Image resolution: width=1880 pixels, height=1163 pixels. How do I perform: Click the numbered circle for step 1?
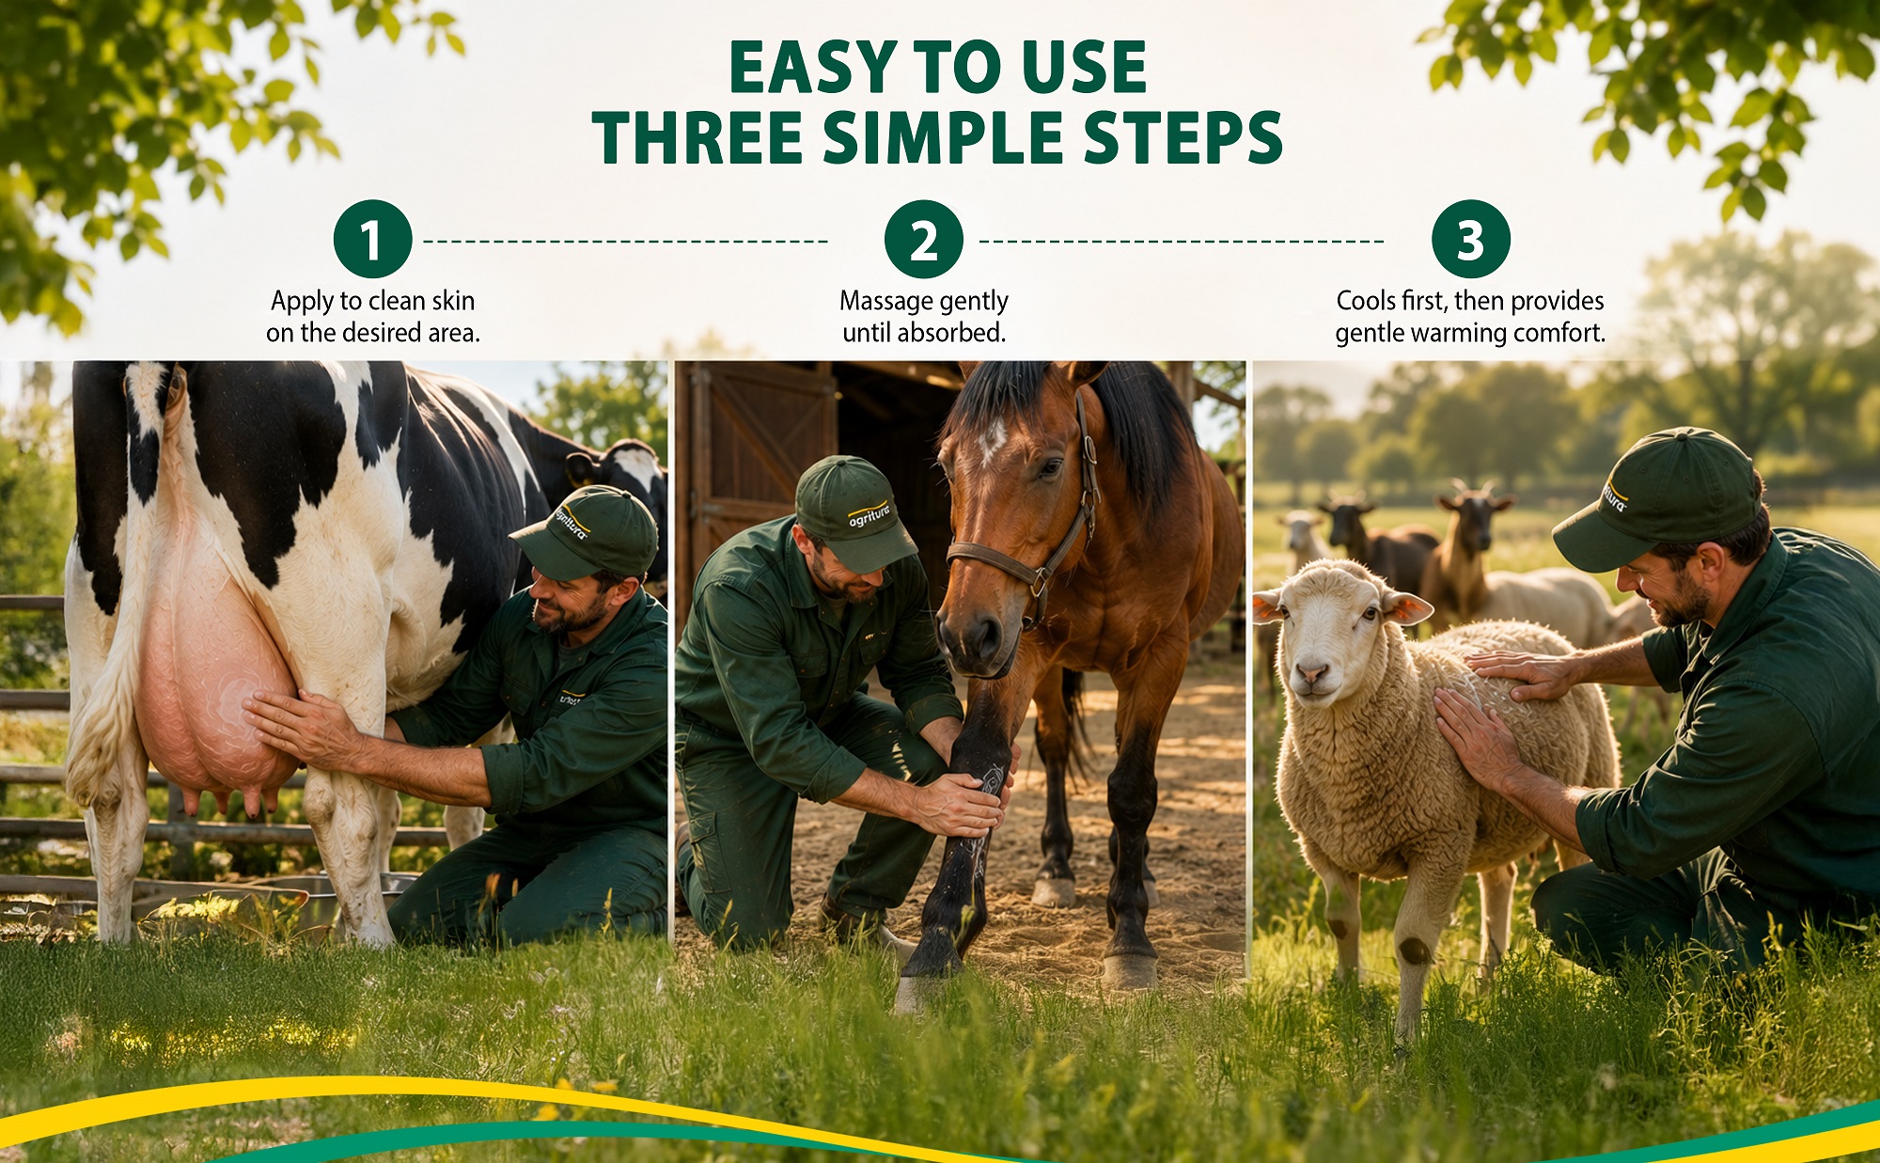click(372, 239)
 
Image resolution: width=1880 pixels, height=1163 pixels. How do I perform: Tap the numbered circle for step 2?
click(923, 239)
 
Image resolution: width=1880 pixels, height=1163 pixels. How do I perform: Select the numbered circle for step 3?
click(1470, 239)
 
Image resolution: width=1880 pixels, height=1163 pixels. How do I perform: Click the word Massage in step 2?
click(880, 302)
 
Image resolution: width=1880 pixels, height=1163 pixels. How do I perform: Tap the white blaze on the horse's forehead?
click(991, 441)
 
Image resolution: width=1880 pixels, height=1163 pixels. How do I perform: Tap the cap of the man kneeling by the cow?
click(587, 533)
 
